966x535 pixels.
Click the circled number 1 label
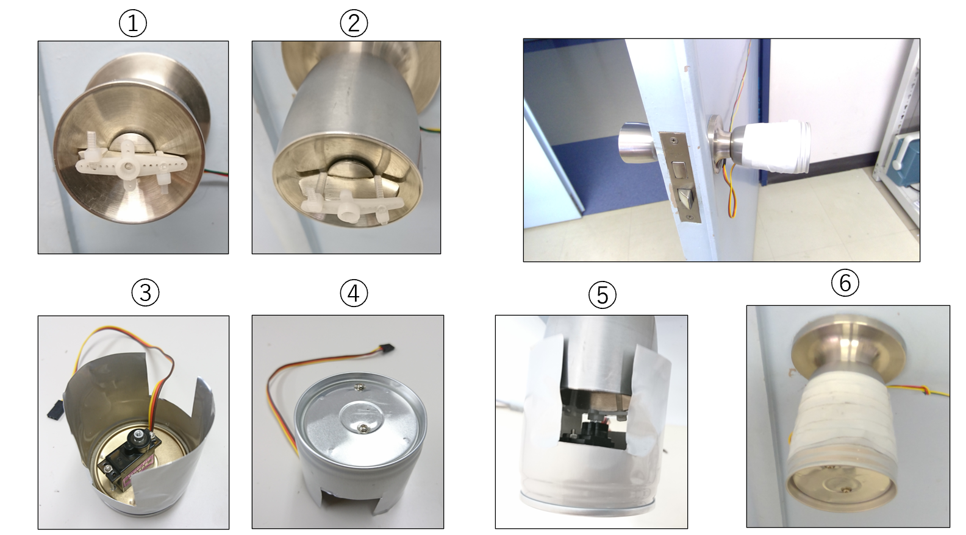[x=133, y=23]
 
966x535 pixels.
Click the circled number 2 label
[x=354, y=23]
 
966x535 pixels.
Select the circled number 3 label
[x=145, y=293]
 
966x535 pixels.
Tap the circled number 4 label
[x=354, y=293]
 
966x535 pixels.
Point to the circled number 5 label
[x=602, y=295]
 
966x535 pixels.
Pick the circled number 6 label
[x=845, y=283]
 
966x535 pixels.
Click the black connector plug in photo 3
[x=55, y=409]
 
